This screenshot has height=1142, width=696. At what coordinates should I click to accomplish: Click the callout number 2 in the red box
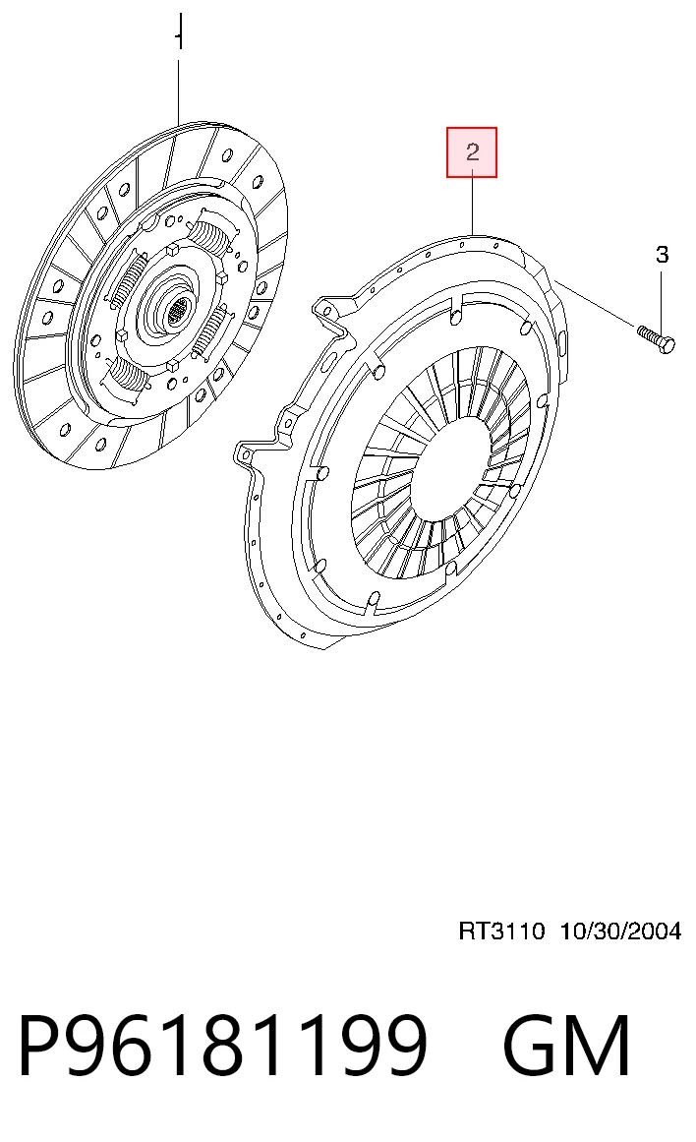coord(473,152)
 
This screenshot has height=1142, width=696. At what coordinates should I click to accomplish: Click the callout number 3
coord(662,254)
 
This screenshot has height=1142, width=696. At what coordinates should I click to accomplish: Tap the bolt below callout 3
coord(656,338)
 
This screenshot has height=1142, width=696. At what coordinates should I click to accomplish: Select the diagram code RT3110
coord(501,931)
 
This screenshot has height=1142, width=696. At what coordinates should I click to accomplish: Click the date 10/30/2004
coord(620,931)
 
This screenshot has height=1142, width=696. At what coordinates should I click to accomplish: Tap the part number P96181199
coord(221,1045)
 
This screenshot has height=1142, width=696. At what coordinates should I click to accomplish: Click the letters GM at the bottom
coord(566,1045)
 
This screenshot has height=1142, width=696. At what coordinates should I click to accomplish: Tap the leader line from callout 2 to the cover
coord(473,206)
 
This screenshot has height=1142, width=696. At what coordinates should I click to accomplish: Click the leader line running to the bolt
coord(596,303)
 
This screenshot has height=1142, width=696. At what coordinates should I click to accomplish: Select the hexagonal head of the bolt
coord(667,343)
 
